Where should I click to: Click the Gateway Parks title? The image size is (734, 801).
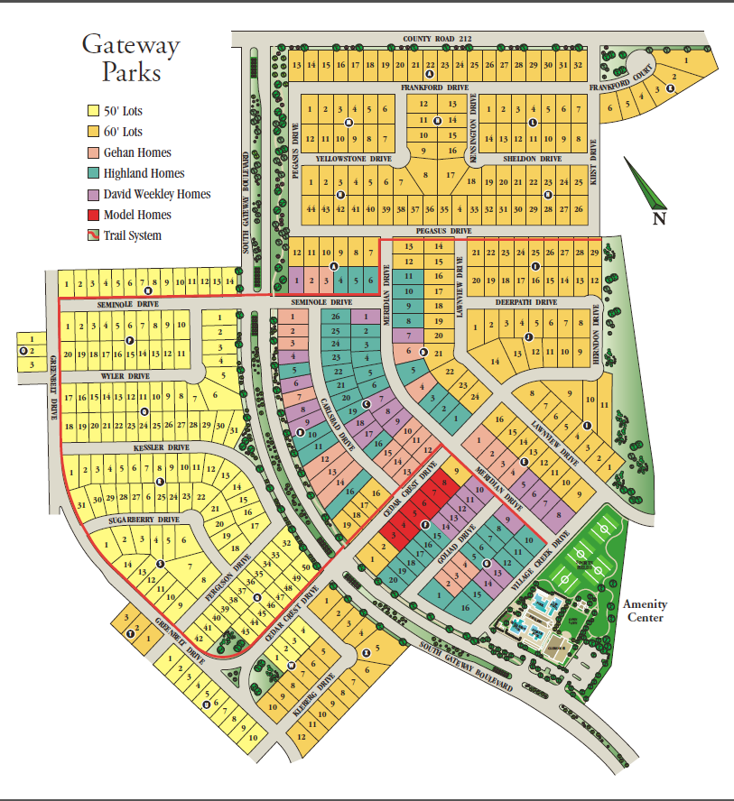[x=131, y=58]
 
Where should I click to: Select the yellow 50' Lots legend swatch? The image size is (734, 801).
[x=92, y=112]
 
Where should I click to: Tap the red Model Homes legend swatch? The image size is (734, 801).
[x=92, y=216]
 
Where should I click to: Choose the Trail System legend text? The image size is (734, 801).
[x=133, y=236]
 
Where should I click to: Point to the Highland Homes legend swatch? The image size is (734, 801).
[x=92, y=174]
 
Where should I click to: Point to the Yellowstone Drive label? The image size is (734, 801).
[x=353, y=159]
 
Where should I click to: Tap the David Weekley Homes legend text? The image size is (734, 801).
[x=156, y=195]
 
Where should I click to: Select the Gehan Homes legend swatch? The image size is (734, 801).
[x=92, y=153]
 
